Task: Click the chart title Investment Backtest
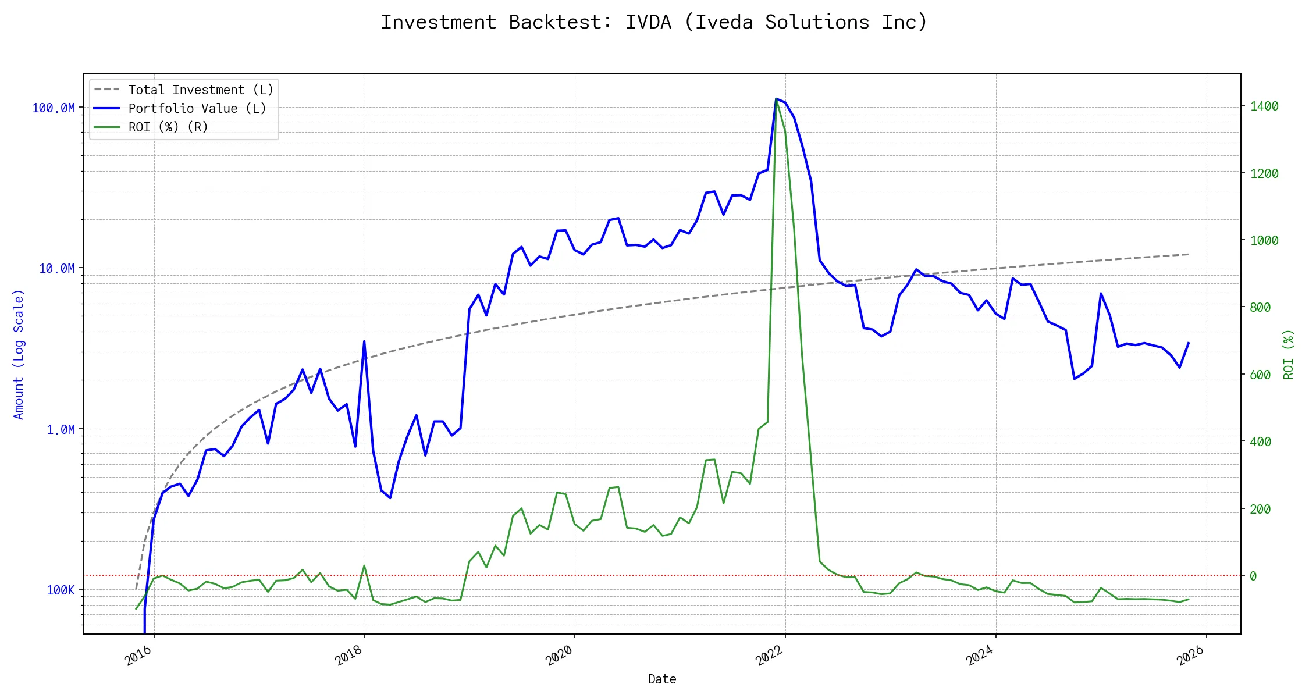654,22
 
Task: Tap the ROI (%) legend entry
168,127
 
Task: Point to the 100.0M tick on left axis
54,108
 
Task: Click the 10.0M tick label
57,269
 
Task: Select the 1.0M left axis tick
61,430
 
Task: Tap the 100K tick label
61,590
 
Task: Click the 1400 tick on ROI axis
1264,106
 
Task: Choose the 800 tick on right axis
1260,308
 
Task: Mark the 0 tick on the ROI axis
1253,576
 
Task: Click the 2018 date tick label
349,656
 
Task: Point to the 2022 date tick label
770,656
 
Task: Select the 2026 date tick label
1191,656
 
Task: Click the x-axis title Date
662,679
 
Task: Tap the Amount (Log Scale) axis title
19,354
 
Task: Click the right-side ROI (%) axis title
1289,354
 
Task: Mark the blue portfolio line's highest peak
776,99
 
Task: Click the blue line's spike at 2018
364,341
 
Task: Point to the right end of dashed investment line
1189,254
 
